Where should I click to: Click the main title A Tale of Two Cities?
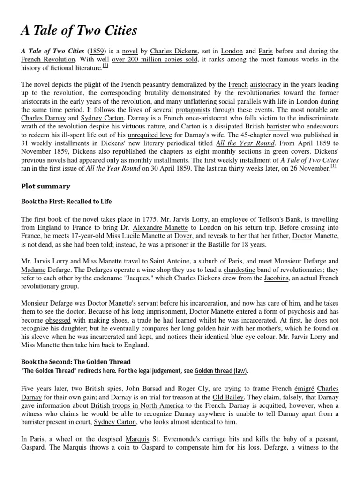point(79,31)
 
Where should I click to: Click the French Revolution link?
point(48,60)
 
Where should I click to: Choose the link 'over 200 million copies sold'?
point(155,60)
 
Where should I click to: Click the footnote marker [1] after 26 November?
point(333,166)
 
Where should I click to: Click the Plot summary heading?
point(45,186)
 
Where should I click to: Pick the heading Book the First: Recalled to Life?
point(67,202)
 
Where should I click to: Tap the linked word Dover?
point(183,236)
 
